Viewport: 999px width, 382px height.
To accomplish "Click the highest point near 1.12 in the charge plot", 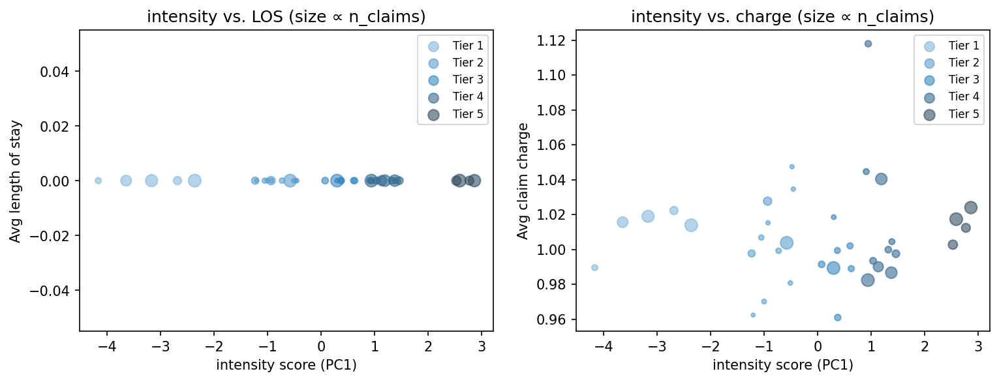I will tap(868, 44).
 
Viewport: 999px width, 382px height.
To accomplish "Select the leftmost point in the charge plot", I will tap(594, 267).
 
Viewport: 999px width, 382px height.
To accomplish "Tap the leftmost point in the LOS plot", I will tap(98, 181).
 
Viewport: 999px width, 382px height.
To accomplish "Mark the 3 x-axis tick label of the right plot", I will tap(977, 345).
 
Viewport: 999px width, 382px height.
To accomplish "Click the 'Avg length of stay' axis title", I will tap(15, 181).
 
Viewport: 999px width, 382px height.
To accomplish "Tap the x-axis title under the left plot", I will tap(286, 365).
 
